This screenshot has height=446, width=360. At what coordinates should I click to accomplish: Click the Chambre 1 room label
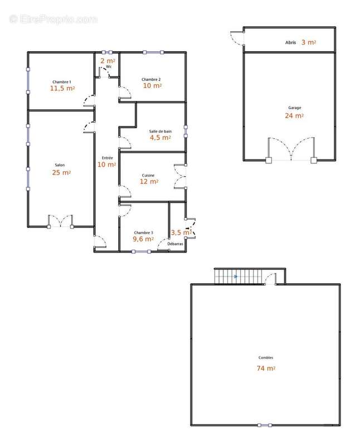coord(62,82)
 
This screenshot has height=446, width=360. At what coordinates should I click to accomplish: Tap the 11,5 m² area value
coord(62,88)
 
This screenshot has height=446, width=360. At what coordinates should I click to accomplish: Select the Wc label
coord(109,67)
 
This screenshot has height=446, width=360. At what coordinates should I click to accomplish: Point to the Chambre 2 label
coord(151,79)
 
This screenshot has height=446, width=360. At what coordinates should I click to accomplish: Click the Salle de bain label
coord(160,132)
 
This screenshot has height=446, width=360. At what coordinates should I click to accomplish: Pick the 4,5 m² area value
coord(160,138)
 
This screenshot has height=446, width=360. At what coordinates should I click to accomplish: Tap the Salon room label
coord(60,165)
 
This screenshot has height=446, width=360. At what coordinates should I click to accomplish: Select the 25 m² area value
coord(61,172)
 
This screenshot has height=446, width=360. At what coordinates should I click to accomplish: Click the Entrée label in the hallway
coord(108,158)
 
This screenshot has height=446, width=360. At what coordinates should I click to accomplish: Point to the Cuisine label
coord(148,176)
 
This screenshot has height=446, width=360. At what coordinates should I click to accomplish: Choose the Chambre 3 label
coord(143,232)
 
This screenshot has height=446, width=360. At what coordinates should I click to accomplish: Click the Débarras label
coord(175,244)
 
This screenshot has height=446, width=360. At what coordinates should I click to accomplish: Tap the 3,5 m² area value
coord(181,232)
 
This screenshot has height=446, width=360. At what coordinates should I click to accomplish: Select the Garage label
coord(295,108)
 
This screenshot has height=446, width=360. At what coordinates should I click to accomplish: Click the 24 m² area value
coord(294,115)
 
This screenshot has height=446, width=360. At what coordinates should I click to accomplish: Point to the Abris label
coord(290,42)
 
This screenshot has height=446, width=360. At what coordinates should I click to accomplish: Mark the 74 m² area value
coord(266,368)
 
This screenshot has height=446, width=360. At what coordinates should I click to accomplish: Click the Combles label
coord(266,357)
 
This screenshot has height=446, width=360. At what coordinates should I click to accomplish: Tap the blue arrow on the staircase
coord(236,276)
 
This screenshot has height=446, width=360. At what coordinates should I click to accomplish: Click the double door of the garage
coord(291,149)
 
